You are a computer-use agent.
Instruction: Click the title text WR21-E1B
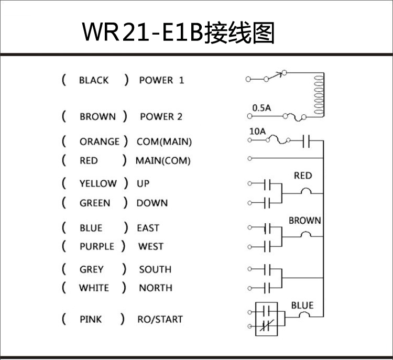pos(142,32)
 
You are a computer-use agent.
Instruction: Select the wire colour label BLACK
pos(94,80)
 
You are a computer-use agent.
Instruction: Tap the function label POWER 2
pos(161,116)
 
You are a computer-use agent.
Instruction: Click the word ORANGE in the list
pos(99,141)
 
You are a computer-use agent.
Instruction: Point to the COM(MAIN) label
pos(164,141)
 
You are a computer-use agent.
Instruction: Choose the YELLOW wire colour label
pos(98,183)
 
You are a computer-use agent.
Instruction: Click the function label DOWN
pos(152,203)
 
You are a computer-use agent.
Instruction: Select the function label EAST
pos(148,228)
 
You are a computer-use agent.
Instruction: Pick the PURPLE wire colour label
pos(96,246)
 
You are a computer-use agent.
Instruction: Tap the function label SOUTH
pos(155,269)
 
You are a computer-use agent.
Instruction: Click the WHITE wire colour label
pos(94,288)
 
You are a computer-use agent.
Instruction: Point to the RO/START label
pos(160,319)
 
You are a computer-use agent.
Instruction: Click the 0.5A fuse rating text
pos(261,108)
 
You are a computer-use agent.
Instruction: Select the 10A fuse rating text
pos(257,132)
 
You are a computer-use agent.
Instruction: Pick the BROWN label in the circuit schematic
pos(304,221)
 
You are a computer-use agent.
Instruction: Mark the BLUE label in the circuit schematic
pos(302,306)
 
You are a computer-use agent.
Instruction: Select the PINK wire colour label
pos(91,319)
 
